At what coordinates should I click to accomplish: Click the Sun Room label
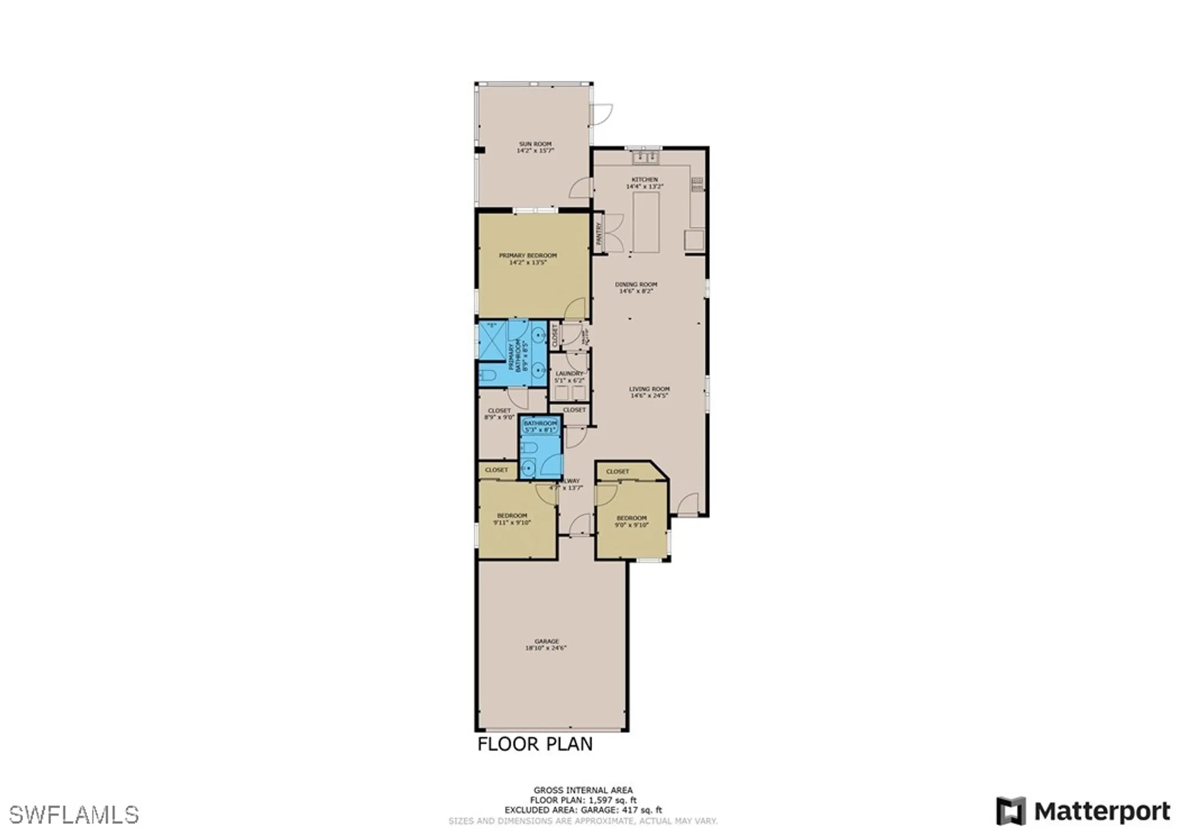click(x=535, y=144)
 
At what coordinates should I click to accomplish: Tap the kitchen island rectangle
click(x=646, y=223)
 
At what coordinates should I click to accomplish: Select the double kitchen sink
click(x=645, y=157)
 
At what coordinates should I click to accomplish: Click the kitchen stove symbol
click(x=698, y=184)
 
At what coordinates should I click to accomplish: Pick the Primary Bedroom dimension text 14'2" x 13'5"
click(x=528, y=262)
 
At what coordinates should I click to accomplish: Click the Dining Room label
click(x=636, y=284)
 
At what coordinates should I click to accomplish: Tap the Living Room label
click(x=649, y=389)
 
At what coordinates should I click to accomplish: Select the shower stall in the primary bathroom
click(x=492, y=340)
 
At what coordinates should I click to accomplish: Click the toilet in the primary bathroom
click(x=488, y=375)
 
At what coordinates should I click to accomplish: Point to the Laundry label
click(x=569, y=374)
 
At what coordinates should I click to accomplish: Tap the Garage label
click(x=546, y=641)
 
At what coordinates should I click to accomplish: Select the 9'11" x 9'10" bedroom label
click(x=512, y=519)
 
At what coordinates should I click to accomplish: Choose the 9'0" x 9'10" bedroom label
click(x=631, y=521)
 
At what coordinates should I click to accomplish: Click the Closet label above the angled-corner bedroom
click(x=618, y=472)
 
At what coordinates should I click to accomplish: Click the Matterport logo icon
click(x=1010, y=811)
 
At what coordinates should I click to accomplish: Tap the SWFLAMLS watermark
click(x=74, y=815)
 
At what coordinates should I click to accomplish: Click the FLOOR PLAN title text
click(x=535, y=744)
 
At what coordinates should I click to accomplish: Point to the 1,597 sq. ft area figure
click(x=612, y=800)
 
